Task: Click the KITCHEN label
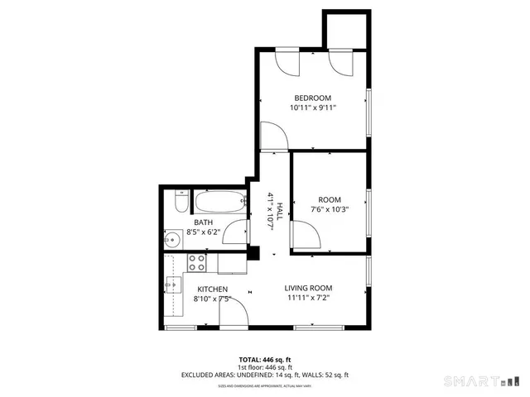(212, 289)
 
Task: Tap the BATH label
(203, 222)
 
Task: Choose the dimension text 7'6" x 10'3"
(330, 209)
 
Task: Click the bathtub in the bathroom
(220, 200)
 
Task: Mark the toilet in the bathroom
(181, 203)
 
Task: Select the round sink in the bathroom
(172, 241)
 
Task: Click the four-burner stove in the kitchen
(197, 262)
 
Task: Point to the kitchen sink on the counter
(172, 285)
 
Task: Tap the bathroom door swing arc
(235, 232)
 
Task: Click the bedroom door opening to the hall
(272, 136)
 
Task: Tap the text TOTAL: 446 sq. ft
(265, 360)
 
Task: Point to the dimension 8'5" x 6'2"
(203, 232)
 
